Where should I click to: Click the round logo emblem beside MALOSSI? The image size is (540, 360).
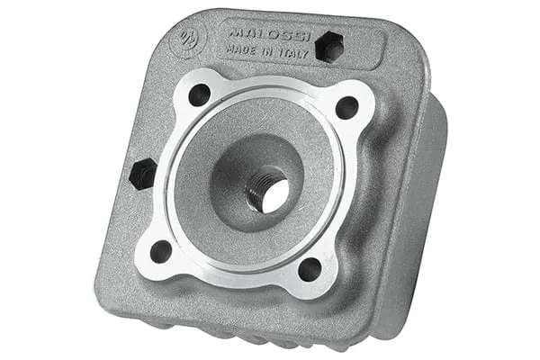pos(189,39)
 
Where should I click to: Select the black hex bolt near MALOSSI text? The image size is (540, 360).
pos(330,46)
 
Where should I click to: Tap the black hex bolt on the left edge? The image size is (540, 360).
pos(142,174)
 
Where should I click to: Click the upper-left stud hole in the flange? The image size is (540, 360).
pos(199,94)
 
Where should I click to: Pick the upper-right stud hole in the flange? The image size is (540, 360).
pos(346,107)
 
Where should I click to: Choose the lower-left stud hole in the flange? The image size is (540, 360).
pos(161,251)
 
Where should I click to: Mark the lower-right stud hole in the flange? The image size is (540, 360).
pos(310,269)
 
